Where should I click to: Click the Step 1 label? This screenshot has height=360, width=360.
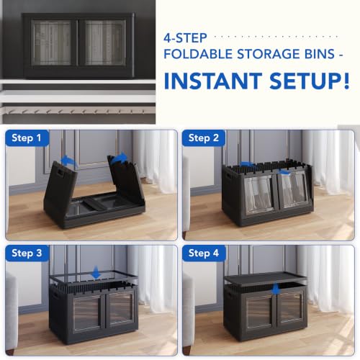pyautogui.click(x=27, y=138)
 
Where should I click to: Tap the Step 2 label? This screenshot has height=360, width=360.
pyautogui.click(x=204, y=138)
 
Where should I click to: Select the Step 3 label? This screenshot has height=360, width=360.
pyautogui.click(x=27, y=253)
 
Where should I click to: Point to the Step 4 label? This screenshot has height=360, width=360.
pyautogui.click(x=204, y=253)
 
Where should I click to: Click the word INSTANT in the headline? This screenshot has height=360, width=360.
pyautogui.click(x=213, y=81)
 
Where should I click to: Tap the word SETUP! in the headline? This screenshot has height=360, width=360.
pyautogui.click(x=310, y=81)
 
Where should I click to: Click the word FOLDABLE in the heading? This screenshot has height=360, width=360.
pyautogui.click(x=198, y=54)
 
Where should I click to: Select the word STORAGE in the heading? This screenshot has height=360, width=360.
pyautogui.click(x=266, y=54)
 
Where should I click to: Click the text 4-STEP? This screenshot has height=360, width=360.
pyautogui.click(x=185, y=38)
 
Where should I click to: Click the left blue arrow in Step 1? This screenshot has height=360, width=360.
pyautogui.click(x=68, y=160)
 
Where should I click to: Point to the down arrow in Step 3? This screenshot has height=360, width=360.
pyautogui.click(x=96, y=272)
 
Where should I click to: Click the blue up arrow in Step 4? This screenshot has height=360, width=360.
pyautogui.click(x=276, y=289)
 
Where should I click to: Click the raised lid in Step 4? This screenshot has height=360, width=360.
pyautogui.click(x=265, y=278)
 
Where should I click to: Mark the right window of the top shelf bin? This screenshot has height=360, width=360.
pyautogui.click(x=105, y=42)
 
